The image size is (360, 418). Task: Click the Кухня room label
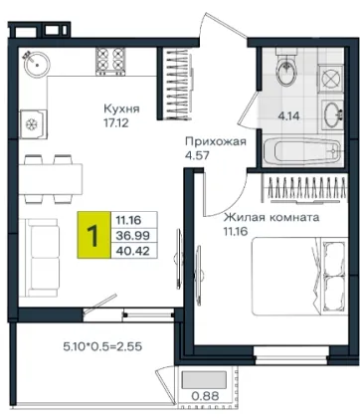(x=121, y=108)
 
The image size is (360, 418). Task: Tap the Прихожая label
(x=216, y=141)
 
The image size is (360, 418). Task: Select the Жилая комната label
(x=271, y=218)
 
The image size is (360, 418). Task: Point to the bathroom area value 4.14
(x=288, y=116)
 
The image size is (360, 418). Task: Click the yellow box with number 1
(x=93, y=235)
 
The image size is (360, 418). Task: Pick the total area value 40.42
(x=132, y=251)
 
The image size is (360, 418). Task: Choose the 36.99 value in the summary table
(x=132, y=236)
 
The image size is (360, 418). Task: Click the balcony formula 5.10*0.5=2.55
(x=102, y=346)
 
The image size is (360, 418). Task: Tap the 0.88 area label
(x=205, y=396)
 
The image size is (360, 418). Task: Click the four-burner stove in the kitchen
(x=110, y=61)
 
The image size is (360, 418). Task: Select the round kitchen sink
(x=37, y=65)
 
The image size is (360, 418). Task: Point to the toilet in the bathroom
(x=286, y=68)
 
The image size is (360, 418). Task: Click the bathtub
(x=301, y=152)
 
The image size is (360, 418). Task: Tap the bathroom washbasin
(x=332, y=114)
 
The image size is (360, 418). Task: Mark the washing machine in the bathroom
(x=331, y=80)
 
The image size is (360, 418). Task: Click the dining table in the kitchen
(x=51, y=179)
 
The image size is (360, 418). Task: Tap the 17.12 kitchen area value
(x=116, y=123)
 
